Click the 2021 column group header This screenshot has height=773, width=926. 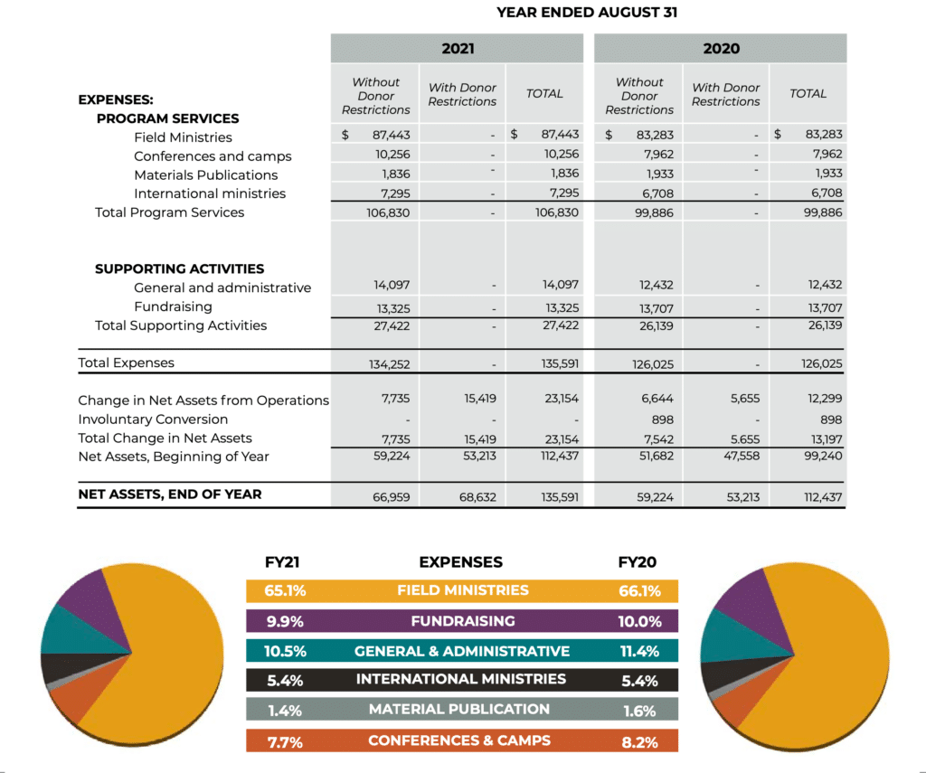click(458, 49)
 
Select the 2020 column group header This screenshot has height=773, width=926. click(721, 49)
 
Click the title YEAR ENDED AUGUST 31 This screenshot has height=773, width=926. click(586, 13)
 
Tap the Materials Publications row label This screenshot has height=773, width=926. click(205, 174)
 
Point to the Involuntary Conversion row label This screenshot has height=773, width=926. click(153, 419)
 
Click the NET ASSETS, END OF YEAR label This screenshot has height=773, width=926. click(169, 495)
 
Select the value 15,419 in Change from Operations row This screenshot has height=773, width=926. click(479, 399)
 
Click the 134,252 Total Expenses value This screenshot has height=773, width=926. click(389, 364)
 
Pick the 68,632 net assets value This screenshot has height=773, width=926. click(477, 497)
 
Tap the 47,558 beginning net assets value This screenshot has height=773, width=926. click(742, 456)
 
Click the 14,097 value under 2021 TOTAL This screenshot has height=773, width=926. click(561, 285)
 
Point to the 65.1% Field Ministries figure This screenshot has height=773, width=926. click(285, 590)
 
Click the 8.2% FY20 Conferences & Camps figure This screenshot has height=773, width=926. click(639, 742)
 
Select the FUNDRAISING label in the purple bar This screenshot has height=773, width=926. click(463, 621)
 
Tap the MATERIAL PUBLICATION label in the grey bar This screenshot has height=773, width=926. click(459, 709)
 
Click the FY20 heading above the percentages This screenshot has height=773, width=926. click(638, 562)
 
